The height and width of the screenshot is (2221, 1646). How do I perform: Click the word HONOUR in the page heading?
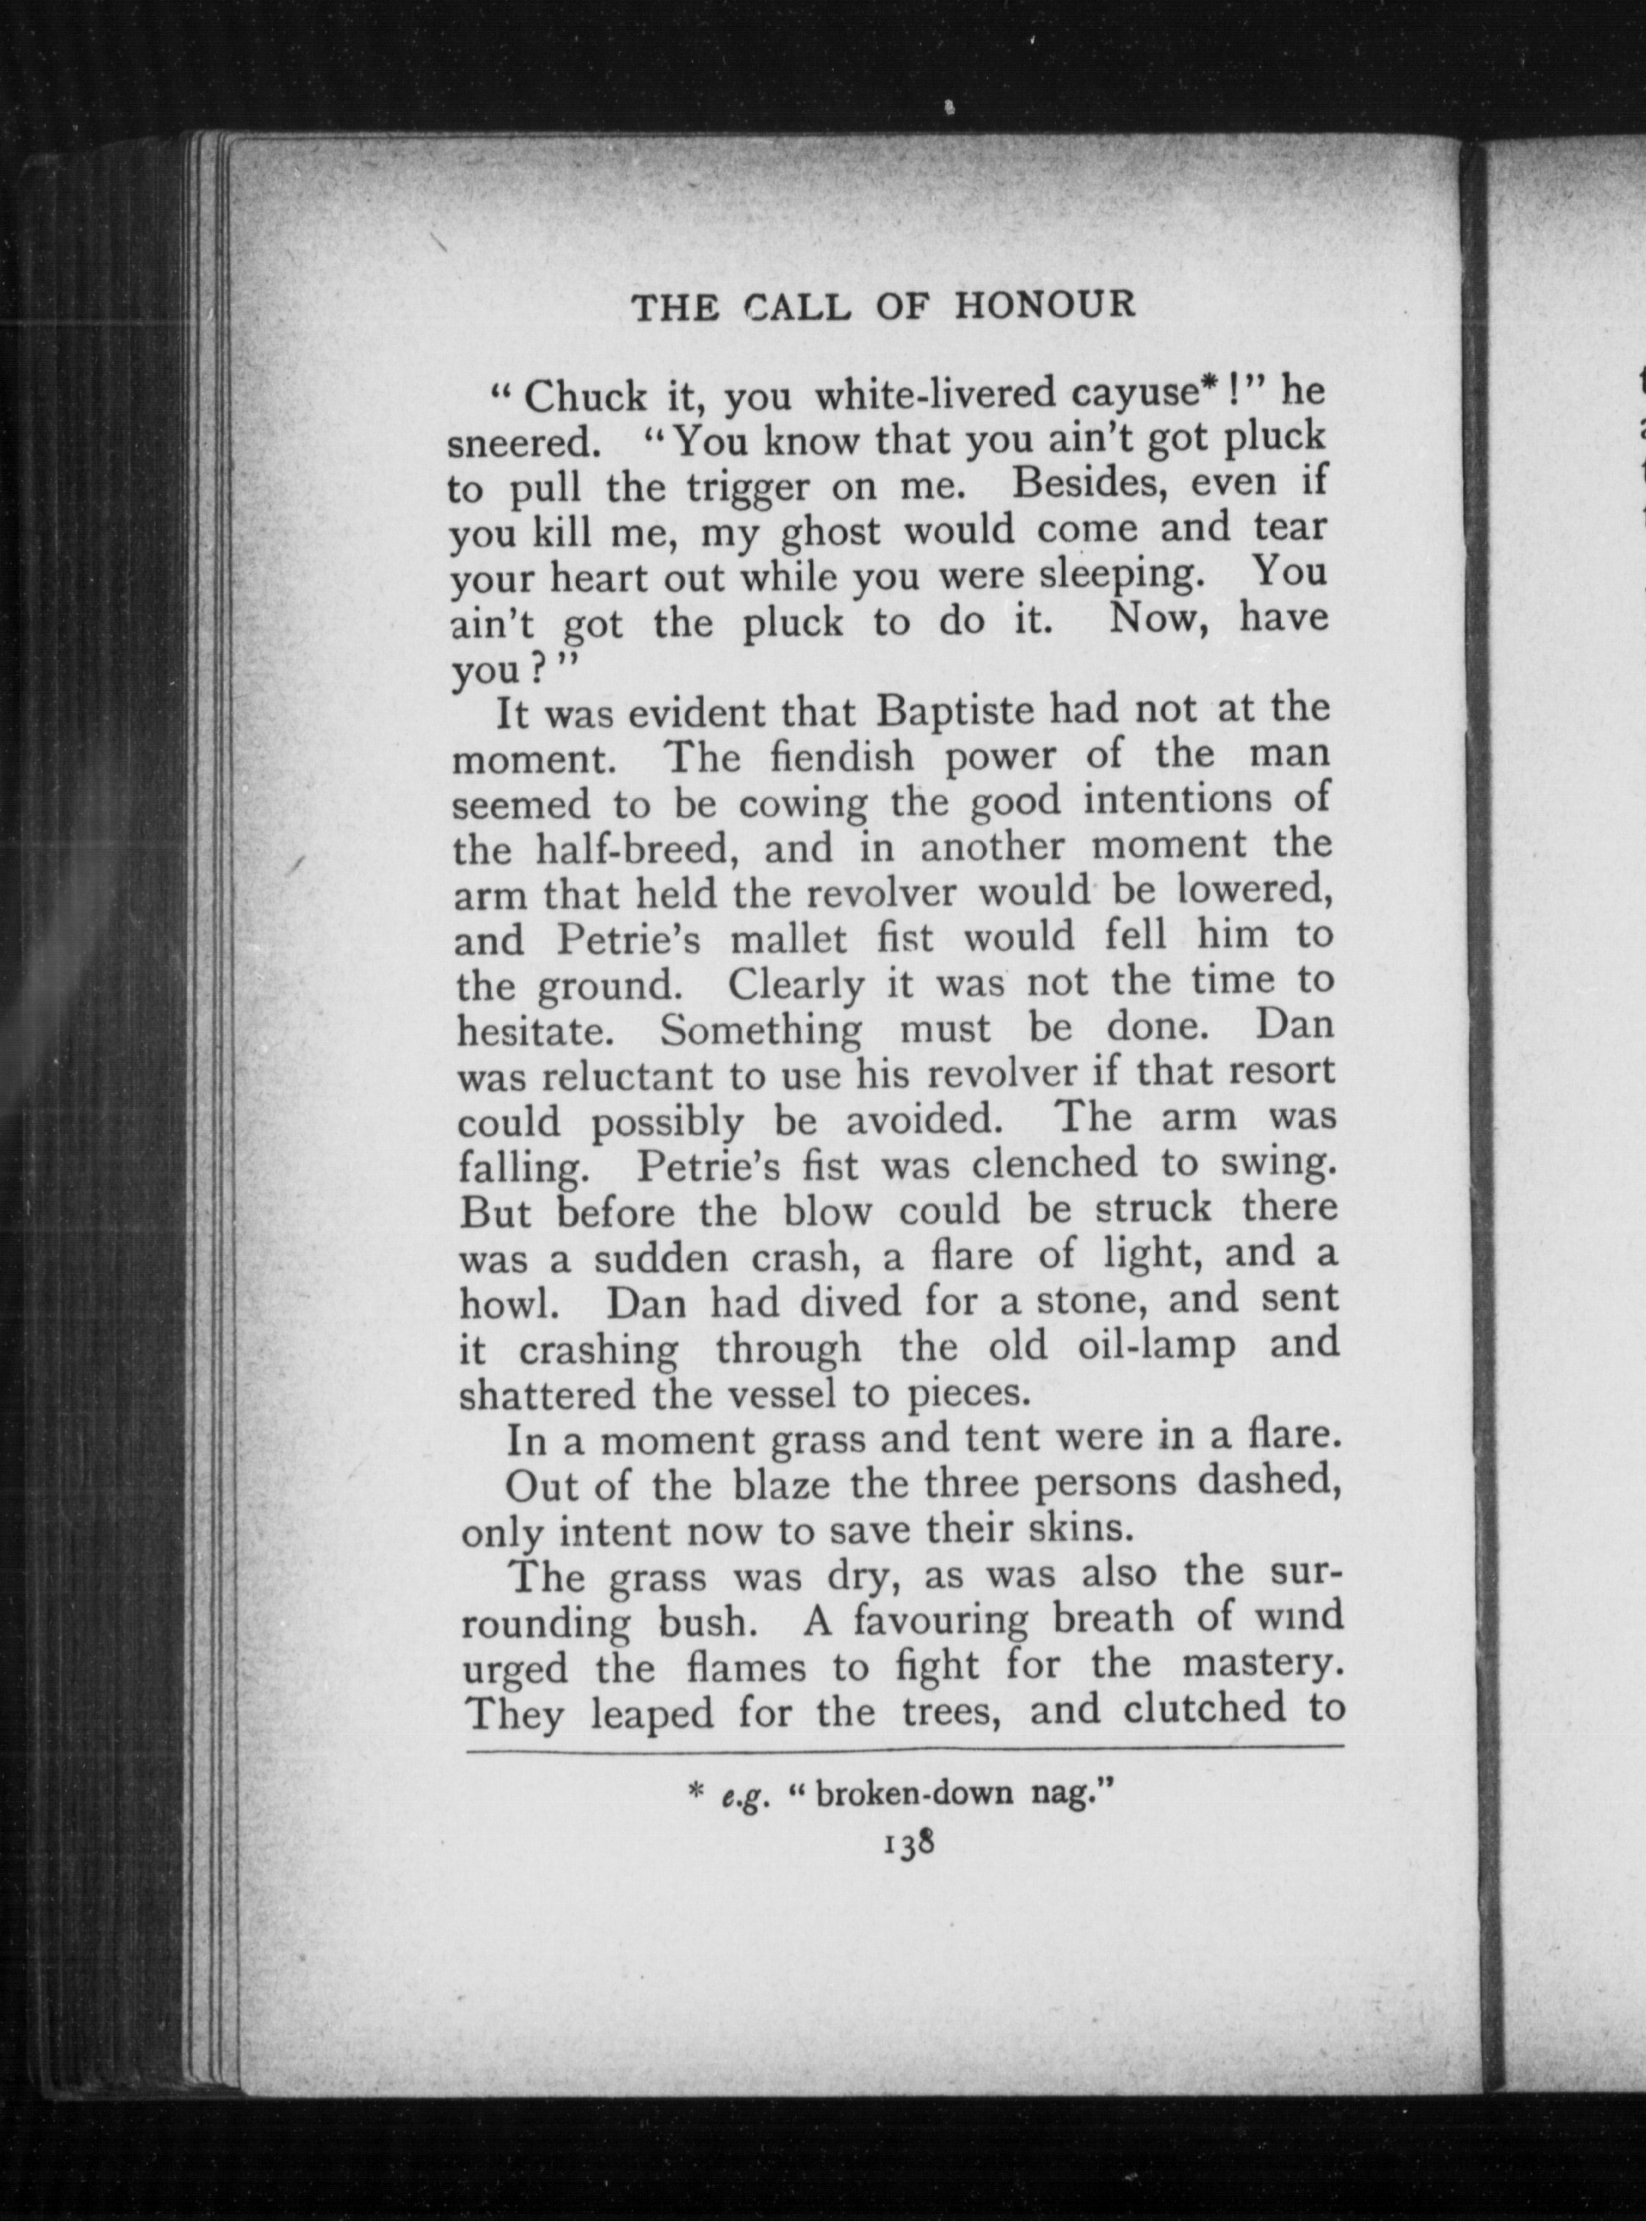coord(1045,305)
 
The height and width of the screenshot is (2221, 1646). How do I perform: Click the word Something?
coord(760,1030)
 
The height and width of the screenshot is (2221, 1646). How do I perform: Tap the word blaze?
coord(782,1486)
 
